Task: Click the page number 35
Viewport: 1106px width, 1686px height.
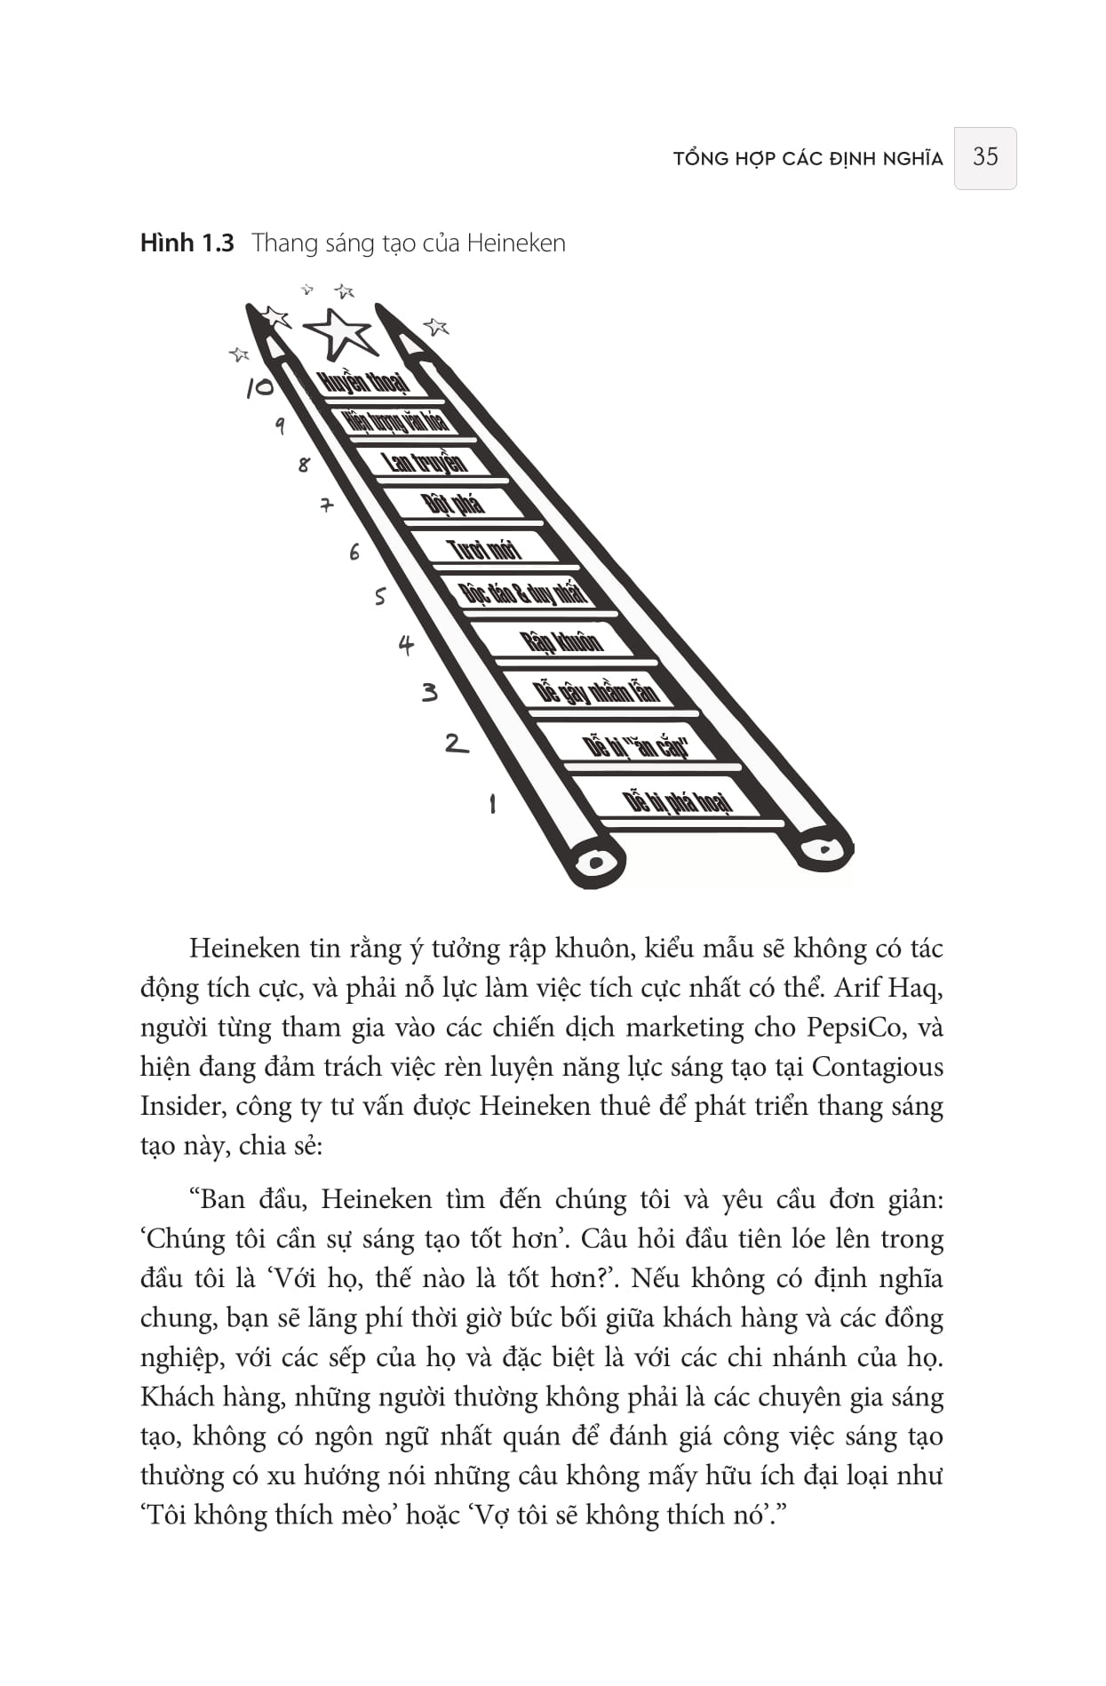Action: point(984,157)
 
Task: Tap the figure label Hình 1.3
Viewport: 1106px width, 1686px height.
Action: point(187,243)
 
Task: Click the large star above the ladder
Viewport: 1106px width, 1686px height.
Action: point(338,332)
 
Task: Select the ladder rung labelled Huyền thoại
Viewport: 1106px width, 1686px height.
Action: point(363,383)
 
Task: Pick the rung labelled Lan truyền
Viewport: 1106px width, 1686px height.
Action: point(425,462)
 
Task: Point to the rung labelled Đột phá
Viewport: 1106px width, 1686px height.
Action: point(454,504)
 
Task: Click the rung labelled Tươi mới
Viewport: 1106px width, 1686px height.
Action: point(484,548)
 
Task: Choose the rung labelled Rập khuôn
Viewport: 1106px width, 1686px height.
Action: point(561,640)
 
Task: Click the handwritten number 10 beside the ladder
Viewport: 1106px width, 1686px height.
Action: point(259,387)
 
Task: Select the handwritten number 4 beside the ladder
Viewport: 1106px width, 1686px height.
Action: point(406,645)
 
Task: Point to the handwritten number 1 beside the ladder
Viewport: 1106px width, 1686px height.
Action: point(492,804)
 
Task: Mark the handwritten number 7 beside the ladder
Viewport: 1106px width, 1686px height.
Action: point(327,505)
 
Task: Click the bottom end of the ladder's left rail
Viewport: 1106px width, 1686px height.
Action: point(596,862)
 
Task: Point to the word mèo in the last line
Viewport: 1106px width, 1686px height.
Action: point(366,1515)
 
